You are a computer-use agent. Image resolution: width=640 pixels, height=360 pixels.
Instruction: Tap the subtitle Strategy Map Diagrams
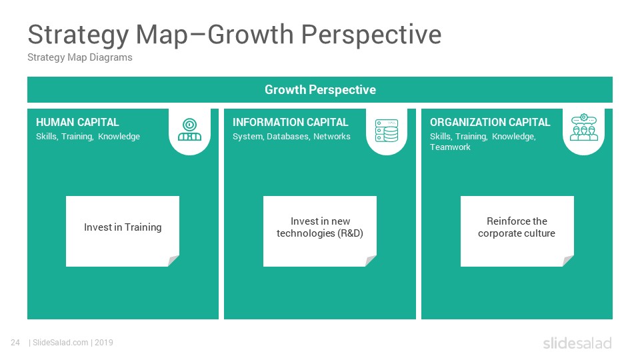tap(80, 57)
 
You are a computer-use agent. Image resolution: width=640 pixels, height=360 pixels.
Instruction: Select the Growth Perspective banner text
tap(320, 90)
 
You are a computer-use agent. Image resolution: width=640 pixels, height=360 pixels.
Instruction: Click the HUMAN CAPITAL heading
tap(77, 122)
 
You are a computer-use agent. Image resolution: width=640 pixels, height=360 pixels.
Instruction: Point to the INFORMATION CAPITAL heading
tap(290, 122)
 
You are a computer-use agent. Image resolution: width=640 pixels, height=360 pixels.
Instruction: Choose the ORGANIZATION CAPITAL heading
tap(490, 122)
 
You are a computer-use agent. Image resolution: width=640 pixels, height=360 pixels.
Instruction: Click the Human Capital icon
tap(189, 129)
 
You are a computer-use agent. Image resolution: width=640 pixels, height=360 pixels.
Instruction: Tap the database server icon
tap(387, 131)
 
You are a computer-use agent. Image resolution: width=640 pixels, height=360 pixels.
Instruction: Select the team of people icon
tap(584, 127)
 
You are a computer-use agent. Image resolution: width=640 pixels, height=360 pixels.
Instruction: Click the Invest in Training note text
tap(123, 227)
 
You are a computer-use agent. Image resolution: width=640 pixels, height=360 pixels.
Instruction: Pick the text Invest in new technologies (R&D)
tap(320, 227)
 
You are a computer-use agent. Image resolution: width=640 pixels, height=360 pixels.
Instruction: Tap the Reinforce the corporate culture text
tap(517, 227)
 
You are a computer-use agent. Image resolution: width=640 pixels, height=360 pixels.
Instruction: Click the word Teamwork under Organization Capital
tap(450, 147)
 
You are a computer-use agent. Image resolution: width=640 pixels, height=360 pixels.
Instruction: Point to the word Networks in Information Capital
tap(332, 136)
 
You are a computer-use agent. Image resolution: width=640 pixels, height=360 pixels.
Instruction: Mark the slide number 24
tap(15, 343)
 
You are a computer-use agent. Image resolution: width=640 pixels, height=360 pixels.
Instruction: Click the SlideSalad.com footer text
tap(61, 343)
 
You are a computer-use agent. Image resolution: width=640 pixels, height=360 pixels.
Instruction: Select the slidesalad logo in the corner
tap(577, 343)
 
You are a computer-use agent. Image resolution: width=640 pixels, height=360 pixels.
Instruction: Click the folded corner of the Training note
tap(173, 261)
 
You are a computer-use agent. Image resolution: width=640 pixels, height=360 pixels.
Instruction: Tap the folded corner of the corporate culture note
tap(568, 261)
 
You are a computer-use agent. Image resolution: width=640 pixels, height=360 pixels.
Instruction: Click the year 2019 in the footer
tap(104, 343)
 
